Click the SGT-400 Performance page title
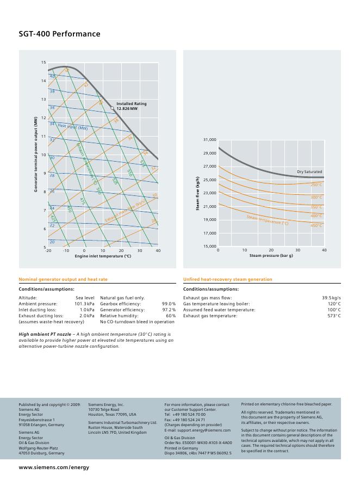(x=59, y=34)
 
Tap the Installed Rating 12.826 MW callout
(x=131, y=106)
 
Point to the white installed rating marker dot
(x=113, y=108)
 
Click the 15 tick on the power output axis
(x=44, y=63)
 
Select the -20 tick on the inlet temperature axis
(x=48, y=251)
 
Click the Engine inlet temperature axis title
(x=103, y=256)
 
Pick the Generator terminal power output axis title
(x=36, y=154)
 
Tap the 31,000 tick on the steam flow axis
(x=209, y=140)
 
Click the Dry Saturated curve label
(x=309, y=172)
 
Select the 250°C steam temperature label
(x=316, y=185)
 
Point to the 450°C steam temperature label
(x=316, y=225)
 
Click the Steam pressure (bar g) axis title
(x=271, y=255)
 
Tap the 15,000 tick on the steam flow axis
(x=209, y=246)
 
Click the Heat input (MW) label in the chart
(x=72, y=127)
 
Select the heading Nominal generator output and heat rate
(x=63, y=279)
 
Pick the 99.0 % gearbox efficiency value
(x=169, y=304)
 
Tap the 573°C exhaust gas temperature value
(x=334, y=316)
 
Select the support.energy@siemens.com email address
(x=204, y=430)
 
